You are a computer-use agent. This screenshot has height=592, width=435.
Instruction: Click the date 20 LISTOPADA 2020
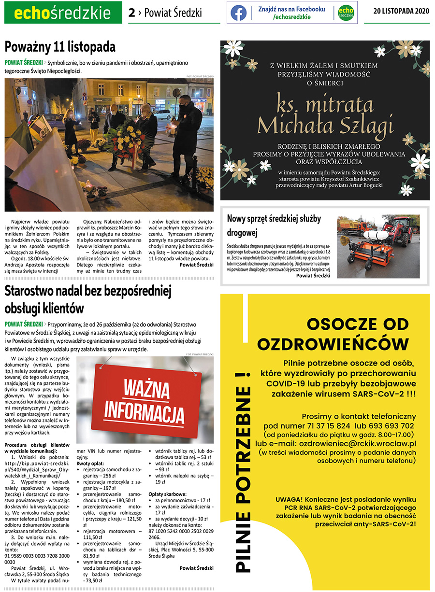tap(401, 13)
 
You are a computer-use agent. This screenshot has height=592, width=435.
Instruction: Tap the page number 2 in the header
tap(131, 13)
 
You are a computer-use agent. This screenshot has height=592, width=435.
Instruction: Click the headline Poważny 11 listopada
tap(60, 47)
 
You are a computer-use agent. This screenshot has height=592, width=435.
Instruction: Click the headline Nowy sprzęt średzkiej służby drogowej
tap(275, 226)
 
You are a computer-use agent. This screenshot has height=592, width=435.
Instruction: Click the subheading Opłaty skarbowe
tap(167, 494)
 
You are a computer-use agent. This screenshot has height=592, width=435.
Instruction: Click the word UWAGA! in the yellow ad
tap(290, 499)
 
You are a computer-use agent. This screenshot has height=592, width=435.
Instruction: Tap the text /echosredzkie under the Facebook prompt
tap(291, 17)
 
